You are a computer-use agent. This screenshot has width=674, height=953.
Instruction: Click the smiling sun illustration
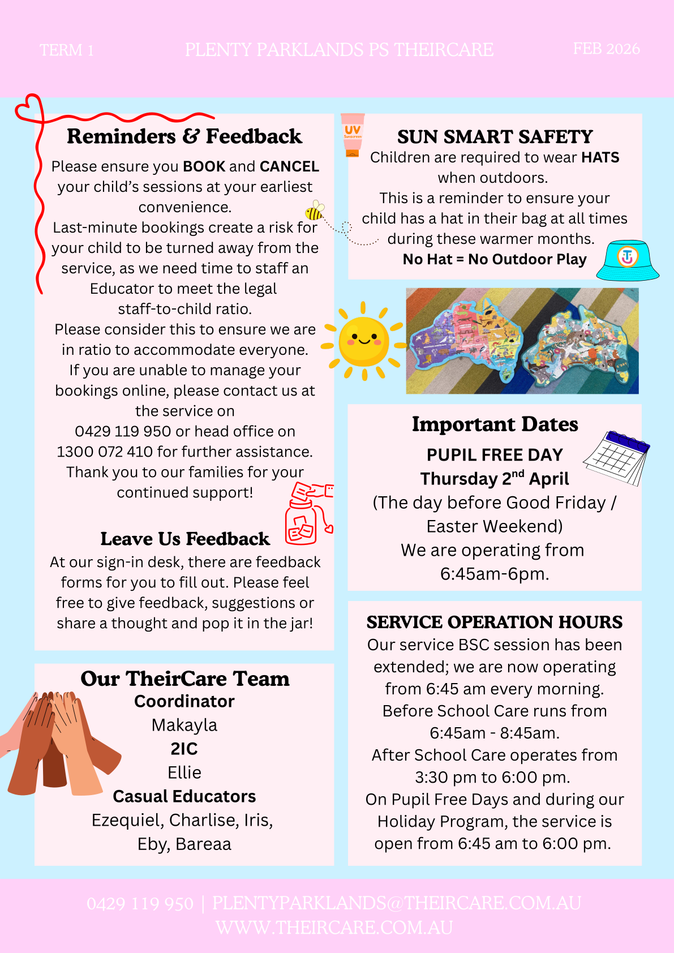(364, 341)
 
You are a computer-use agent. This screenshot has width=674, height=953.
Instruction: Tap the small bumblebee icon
(315, 211)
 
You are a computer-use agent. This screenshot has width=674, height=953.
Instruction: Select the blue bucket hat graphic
(628, 261)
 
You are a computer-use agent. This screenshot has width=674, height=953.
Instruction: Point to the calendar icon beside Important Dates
(617, 457)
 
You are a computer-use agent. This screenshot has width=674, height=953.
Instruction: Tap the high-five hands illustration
(57, 741)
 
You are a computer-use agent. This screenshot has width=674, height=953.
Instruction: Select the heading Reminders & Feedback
(184, 136)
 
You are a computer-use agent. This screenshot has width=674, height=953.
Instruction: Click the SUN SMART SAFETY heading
(495, 137)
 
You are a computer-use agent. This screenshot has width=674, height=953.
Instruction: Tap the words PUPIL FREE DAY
(495, 455)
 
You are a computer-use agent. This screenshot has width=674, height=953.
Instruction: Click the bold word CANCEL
(289, 166)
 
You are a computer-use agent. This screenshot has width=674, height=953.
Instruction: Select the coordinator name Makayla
(184, 725)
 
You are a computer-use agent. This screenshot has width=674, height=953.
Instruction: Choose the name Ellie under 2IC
(184, 772)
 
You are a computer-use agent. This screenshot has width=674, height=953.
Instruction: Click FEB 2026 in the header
(606, 49)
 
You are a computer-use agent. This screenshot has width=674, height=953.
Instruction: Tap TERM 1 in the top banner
(67, 50)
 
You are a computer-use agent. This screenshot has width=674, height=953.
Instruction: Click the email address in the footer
(397, 903)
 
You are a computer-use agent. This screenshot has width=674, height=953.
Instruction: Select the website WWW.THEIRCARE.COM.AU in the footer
(334, 928)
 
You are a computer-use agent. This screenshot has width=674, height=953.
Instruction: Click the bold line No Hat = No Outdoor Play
(495, 259)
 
